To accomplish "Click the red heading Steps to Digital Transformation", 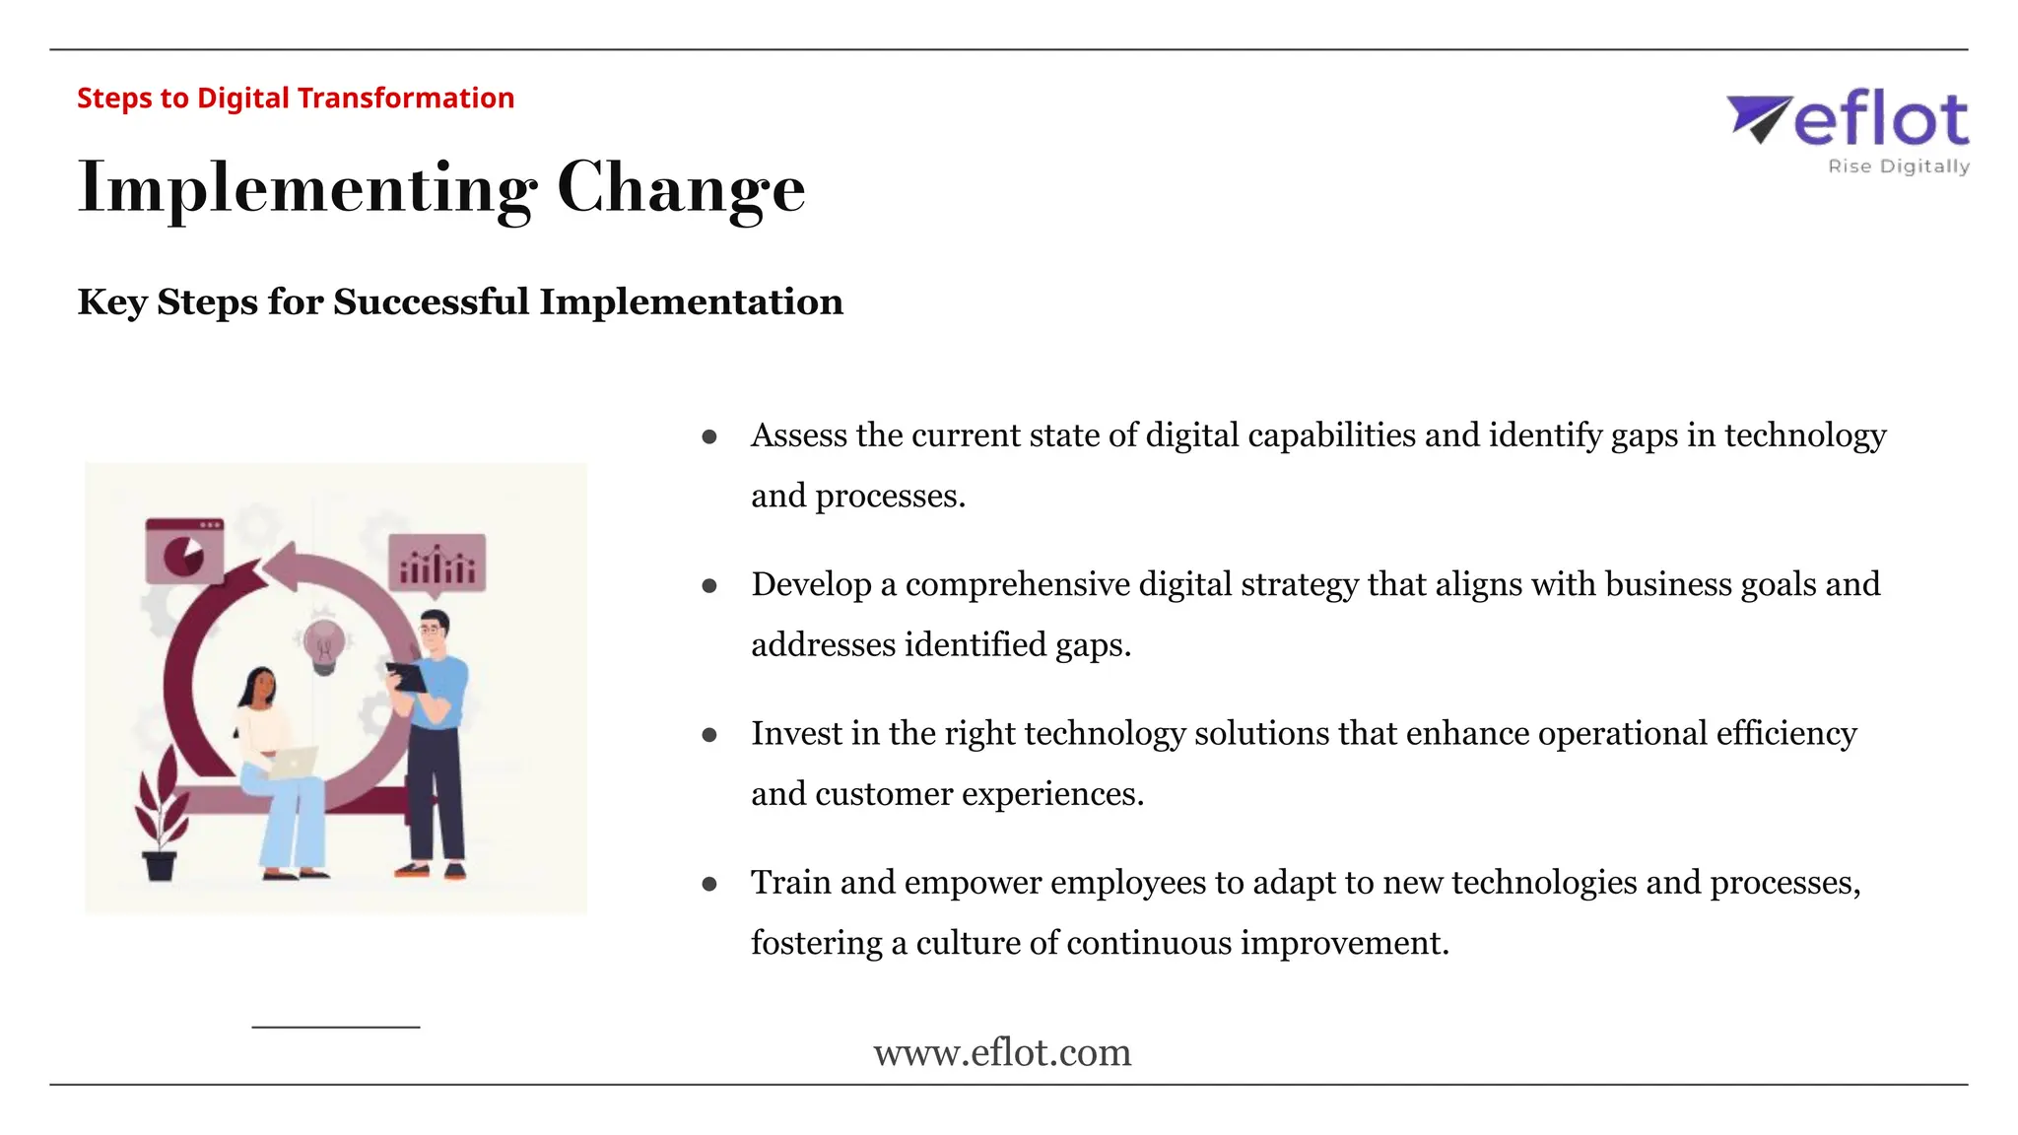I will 296,99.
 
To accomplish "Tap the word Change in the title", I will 681,187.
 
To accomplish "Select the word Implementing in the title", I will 306,187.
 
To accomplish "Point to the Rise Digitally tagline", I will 1898,167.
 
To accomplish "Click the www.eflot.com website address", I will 1002,1052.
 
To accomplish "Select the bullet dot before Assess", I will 709,436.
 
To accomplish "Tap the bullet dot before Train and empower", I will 709,884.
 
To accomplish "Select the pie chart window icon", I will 184,552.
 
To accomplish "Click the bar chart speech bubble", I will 437,564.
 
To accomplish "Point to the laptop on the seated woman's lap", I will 293,762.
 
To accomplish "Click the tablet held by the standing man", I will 406,677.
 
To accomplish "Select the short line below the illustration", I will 336,1028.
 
